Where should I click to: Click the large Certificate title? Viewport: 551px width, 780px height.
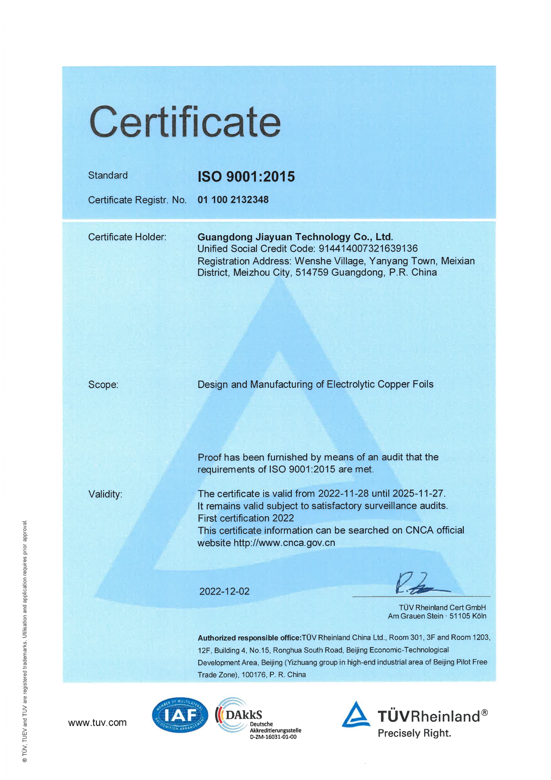(185, 122)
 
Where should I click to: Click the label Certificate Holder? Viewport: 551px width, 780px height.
(127, 237)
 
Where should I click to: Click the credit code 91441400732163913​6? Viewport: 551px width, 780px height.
(368, 249)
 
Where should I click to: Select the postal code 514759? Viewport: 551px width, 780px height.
(312, 272)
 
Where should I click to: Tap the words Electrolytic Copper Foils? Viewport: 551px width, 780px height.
(380, 384)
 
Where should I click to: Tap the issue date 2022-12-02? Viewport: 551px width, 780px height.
(224, 592)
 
